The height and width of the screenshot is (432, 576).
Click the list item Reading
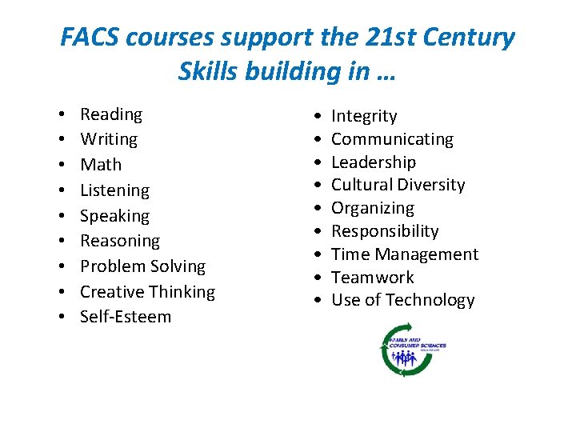click(111, 114)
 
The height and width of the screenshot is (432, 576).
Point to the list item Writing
click(109, 139)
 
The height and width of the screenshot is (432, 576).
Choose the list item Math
click(101, 165)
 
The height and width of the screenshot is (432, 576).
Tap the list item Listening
click(114, 190)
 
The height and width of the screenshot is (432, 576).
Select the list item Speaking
click(114, 216)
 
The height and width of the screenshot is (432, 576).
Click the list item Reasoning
click(120, 241)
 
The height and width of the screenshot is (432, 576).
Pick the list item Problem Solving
click(142, 266)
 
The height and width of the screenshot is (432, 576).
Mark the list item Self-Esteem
click(126, 317)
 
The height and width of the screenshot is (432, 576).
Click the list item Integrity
click(364, 116)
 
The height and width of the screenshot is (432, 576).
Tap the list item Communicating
click(392, 139)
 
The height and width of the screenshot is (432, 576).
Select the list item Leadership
click(374, 162)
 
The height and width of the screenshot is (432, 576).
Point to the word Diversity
click(431, 185)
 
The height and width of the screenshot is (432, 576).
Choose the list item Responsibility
click(385, 231)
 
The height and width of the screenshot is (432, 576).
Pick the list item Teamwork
click(373, 278)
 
